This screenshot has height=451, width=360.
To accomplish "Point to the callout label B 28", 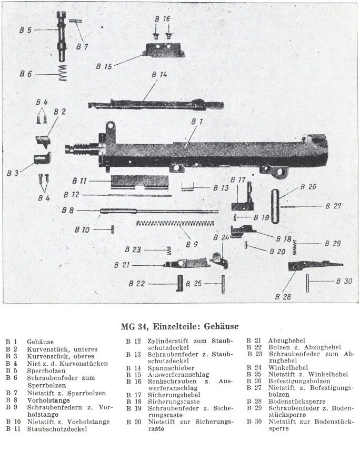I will click(x=283, y=296).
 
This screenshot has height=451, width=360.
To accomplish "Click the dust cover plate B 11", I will click(x=139, y=182).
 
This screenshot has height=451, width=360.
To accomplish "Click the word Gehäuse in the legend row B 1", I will click(x=41, y=342).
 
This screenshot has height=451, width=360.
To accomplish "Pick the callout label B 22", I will click(x=136, y=284).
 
